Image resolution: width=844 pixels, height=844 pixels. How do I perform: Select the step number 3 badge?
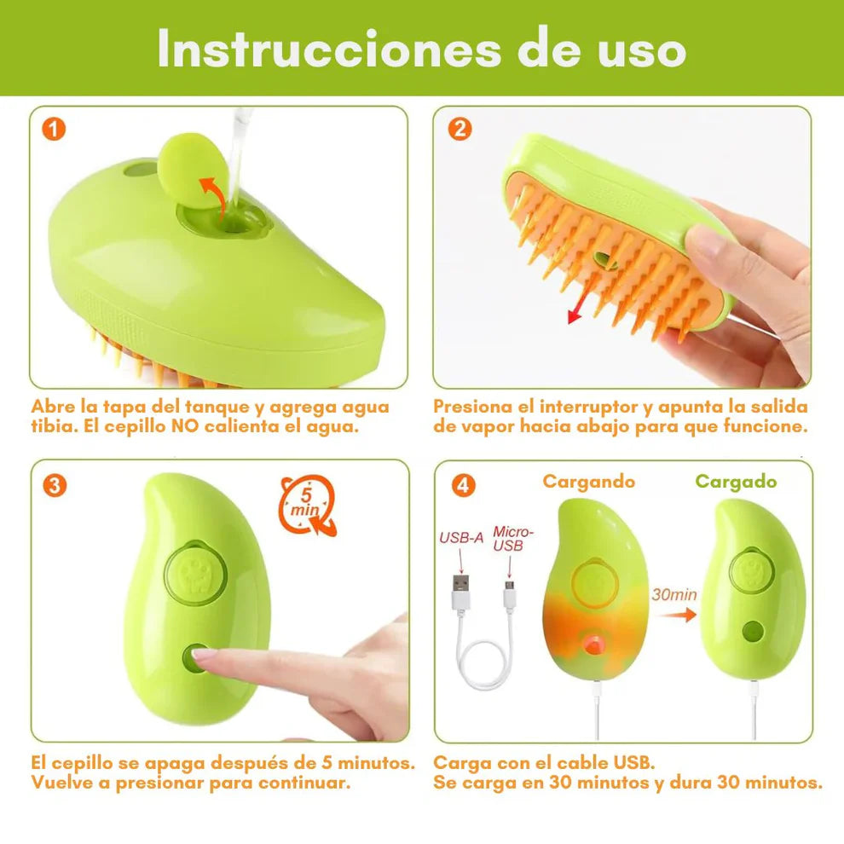click(54, 485)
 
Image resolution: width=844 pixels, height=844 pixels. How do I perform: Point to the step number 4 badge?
click(462, 485)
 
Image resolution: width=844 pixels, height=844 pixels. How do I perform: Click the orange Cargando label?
click(588, 482)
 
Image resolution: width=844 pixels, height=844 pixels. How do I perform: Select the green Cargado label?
click(736, 482)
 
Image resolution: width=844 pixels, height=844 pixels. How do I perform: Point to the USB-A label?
click(461, 538)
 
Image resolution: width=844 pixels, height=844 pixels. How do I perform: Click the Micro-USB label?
click(509, 538)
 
